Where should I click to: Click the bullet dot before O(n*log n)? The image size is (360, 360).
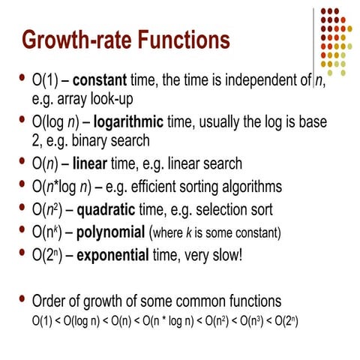[22, 184]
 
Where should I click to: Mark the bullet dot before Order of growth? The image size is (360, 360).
[22, 301]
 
